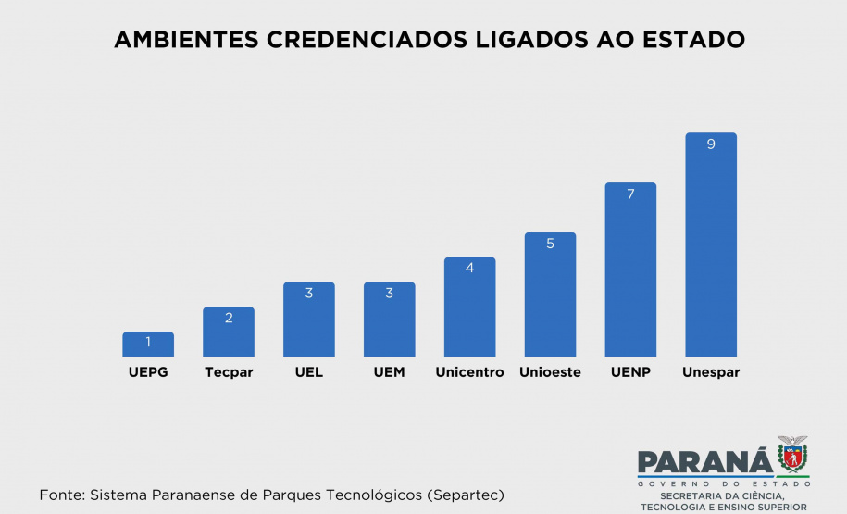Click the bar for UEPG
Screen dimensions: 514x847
[148, 345]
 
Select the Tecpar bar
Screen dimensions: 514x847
[229, 332]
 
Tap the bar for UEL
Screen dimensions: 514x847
[309, 320]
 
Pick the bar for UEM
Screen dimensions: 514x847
[390, 320]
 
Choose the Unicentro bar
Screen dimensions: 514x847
[469, 307]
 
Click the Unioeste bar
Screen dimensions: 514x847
[550, 295]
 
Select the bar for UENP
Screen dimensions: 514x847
[630, 270]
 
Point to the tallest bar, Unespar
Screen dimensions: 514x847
[711, 245]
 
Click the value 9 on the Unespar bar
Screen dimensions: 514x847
[711, 144]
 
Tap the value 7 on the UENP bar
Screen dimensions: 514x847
[630, 194]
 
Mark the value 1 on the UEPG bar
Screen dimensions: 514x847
[148, 343]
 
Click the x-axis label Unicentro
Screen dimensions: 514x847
[469, 372]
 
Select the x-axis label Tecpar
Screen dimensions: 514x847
[229, 372]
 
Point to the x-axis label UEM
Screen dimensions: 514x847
[390, 372]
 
